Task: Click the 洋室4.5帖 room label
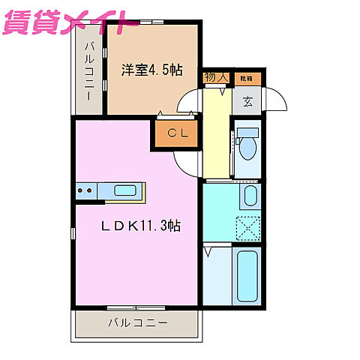click(152, 68)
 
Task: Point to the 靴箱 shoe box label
click(246, 77)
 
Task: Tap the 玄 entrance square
click(247, 100)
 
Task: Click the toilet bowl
click(247, 148)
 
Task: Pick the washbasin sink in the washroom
click(250, 197)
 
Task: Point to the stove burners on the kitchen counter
click(85, 192)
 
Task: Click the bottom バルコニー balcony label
click(136, 323)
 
